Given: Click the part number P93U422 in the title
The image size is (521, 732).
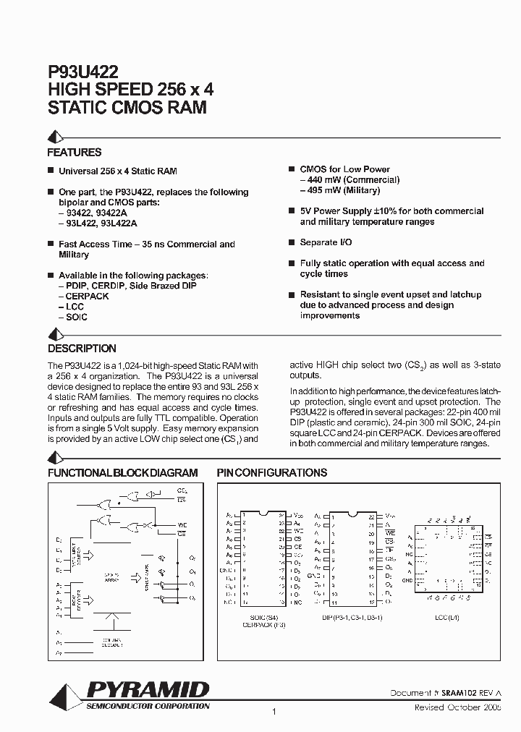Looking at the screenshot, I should [x=78, y=72].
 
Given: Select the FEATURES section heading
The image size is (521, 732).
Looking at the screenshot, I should [x=74, y=153].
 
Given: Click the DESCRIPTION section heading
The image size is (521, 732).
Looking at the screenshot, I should [x=82, y=349].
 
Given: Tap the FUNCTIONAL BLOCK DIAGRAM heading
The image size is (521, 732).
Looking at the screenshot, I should [x=122, y=472].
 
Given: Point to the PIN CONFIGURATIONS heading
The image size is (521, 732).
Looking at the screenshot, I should [x=272, y=472].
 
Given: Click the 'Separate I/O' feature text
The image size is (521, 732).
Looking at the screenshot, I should [x=326, y=242].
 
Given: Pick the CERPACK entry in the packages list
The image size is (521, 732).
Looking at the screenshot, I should [x=86, y=297].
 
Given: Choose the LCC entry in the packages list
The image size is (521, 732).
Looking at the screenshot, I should [x=75, y=307].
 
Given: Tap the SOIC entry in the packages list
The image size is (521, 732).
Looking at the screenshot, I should [x=76, y=317].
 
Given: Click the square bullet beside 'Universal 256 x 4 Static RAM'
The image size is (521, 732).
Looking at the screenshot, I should [x=51, y=171].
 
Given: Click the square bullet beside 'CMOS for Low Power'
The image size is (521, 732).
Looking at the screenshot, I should [x=292, y=169].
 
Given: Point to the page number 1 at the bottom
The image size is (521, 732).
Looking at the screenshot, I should [x=274, y=712].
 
